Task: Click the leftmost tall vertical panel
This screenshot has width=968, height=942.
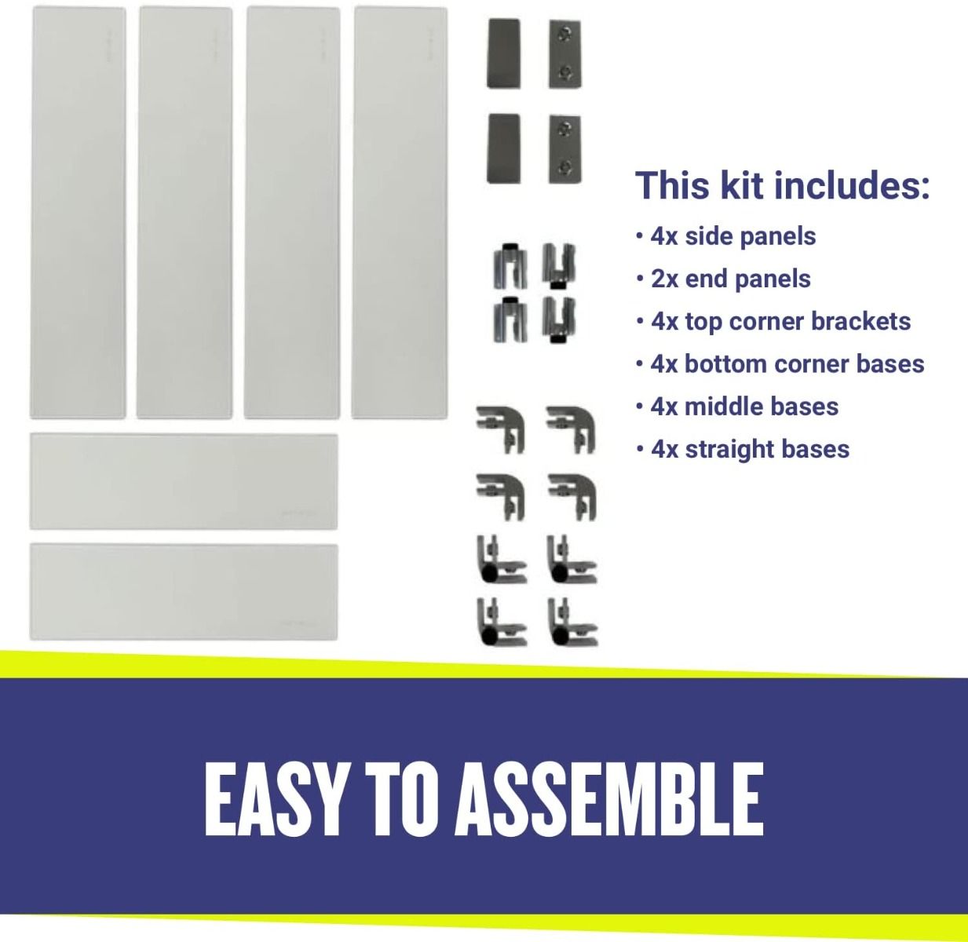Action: (78, 213)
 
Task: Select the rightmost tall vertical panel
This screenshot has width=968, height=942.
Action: (400, 213)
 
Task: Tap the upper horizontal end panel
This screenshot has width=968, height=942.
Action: (184, 481)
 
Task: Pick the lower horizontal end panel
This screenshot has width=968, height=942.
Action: (184, 592)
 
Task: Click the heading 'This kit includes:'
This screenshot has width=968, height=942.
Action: (783, 185)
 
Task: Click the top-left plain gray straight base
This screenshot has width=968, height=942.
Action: (504, 53)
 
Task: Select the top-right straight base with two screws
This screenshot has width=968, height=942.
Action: (564, 54)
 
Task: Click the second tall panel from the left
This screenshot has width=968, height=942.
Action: (185, 213)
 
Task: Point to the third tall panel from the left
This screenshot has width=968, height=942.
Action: (293, 213)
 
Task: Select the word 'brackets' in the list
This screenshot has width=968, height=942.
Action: (861, 321)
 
